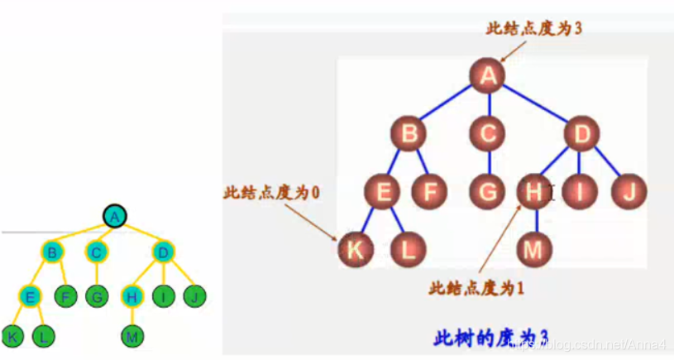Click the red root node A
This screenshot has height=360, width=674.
point(488,75)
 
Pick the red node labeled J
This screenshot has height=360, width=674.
point(629,193)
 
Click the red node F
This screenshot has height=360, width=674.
point(429,193)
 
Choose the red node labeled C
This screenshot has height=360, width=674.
point(489,132)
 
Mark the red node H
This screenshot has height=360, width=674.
point(533,193)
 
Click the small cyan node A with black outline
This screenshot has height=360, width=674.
point(115,217)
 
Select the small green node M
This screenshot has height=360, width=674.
point(132,336)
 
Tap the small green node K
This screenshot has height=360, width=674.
point(12,336)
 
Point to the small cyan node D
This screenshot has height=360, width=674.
point(162,252)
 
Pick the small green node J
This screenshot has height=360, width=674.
point(195,295)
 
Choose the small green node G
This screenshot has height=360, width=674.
point(97,295)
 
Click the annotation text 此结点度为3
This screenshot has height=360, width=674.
point(534,27)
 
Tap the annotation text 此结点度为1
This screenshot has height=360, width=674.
point(477,288)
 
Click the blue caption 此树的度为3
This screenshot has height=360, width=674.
point(491,338)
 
